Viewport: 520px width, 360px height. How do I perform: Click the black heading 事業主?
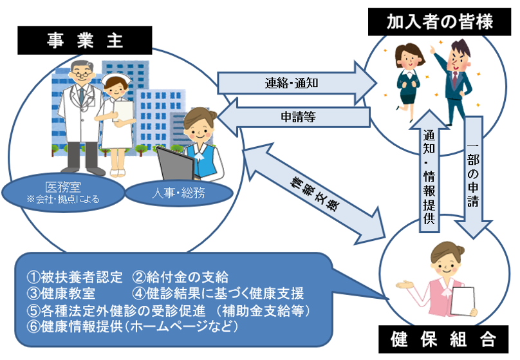coord(84,41)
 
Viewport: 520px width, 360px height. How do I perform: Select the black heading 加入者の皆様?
coord(440,22)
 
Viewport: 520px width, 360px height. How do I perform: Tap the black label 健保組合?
coord(443,339)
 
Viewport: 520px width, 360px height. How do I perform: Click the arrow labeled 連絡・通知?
coord(297,82)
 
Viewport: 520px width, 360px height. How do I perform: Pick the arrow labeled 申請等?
coord(294,117)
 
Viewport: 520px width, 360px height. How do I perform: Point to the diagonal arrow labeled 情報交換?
coord(313,194)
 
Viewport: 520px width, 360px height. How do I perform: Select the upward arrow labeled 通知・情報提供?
coord(429,171)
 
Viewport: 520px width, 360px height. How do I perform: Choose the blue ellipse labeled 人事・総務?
coord(179,193)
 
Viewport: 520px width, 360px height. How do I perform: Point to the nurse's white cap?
coord(115,80)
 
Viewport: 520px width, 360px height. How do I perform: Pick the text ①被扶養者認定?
coord(75,277)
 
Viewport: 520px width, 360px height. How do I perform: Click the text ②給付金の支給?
coord(180,277)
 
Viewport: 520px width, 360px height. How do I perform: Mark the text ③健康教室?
coord(61,293)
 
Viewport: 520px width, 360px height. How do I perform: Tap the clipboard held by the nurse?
coord(123,111)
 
